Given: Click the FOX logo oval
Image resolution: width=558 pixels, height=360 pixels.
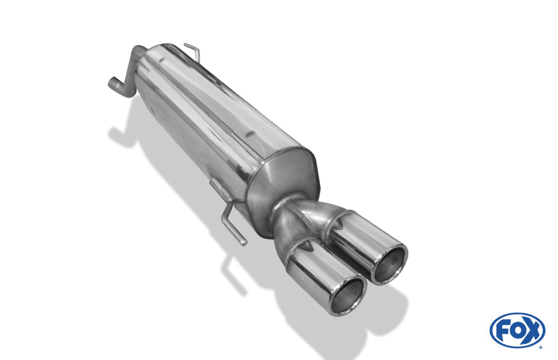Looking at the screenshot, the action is [517, 330].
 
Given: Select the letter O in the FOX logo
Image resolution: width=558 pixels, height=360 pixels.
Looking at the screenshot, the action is [517, 331].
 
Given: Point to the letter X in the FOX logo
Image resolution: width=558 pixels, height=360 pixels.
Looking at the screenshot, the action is [532, 330].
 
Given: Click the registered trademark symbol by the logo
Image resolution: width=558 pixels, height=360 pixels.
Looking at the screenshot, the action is [541, 348].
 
